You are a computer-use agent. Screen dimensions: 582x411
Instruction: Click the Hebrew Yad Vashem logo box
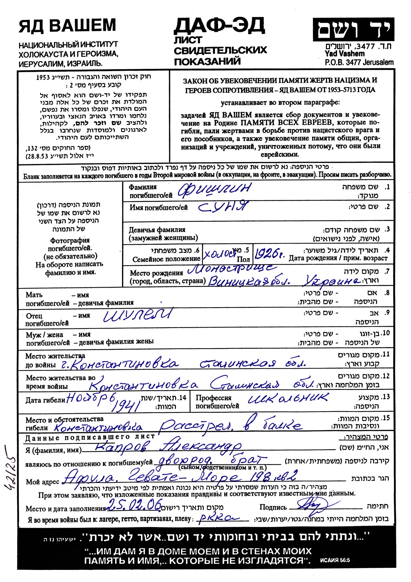point(353,29)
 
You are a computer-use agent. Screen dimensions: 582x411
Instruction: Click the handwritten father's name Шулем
point(138,315)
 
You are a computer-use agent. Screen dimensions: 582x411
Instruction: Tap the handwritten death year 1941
point(125,407)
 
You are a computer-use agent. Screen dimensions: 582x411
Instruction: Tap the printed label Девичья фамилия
point(157,230)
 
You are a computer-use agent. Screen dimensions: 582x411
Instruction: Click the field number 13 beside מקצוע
point(386,397)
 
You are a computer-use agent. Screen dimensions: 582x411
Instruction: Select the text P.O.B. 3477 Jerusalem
point(359,62)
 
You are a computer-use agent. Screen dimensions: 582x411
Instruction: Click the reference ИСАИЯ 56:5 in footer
point(335,561)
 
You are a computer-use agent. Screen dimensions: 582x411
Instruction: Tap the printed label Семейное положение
point(166,259)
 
